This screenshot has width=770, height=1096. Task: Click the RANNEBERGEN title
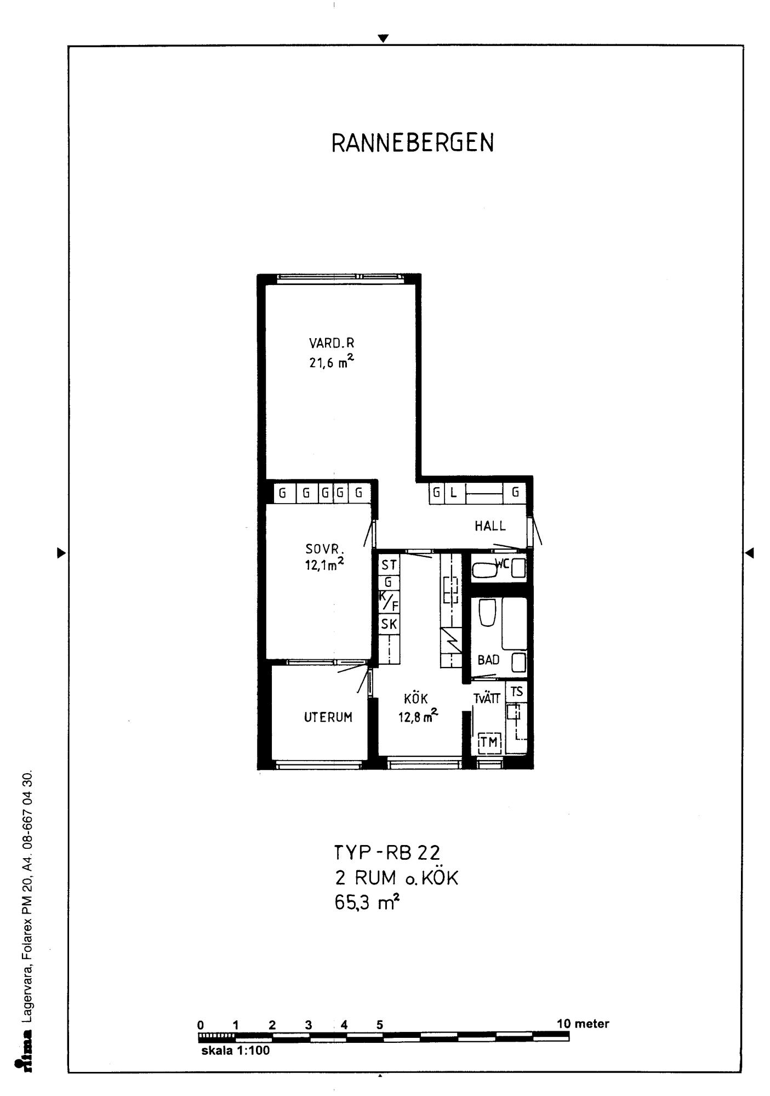coord(413,143)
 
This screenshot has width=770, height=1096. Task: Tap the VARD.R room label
coord(332,344)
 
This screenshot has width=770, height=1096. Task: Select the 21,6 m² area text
coord(332,362)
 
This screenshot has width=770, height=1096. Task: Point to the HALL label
coord(490,526)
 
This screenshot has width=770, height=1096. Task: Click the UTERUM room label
coord(328,717)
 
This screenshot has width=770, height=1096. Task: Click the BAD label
coord(488,660)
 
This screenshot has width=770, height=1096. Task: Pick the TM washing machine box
coord(489,742)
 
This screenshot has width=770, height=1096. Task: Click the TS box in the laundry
coord(517,692)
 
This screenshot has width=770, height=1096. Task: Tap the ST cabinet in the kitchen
coord(389,565)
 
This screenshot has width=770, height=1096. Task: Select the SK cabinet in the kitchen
coord(389,624)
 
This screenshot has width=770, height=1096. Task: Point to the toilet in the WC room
coord(484,570)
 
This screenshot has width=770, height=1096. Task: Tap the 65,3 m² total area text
coord(367,903)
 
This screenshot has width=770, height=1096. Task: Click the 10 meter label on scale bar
coord(583,1024)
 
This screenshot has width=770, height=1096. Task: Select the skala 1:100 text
coord(236,1051)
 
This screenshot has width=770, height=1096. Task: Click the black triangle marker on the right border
coord(749,553)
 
